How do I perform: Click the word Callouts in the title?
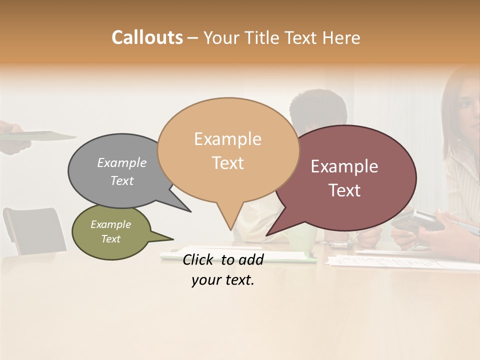[147, 37]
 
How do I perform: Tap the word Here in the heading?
[339, 38]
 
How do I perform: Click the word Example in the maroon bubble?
[344, 166]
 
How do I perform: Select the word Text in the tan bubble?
[228, 163]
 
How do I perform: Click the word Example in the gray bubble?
[122, 163]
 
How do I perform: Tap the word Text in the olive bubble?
[111, 239]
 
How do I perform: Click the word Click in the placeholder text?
[199, 259]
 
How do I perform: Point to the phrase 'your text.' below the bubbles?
[223, 280]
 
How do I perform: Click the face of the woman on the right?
[467, 102]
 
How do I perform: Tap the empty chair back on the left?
[35, 230]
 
